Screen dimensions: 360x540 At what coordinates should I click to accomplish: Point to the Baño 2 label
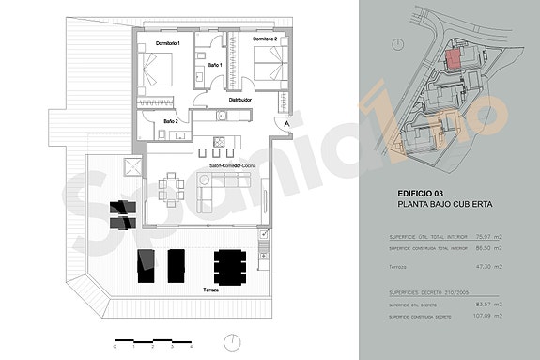pyautogui.click(x=171, y=121)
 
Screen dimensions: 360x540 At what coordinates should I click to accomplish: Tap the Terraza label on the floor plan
pyautogui.click(x=210, y=290)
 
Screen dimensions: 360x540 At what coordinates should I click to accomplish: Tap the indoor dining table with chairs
pyautogui.click(x=171, y=188)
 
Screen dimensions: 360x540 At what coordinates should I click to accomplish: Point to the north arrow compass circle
pyautogui.click(x=230, y=340)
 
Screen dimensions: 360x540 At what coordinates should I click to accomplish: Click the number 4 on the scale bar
pyautogui.click(x=191, y=347)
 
